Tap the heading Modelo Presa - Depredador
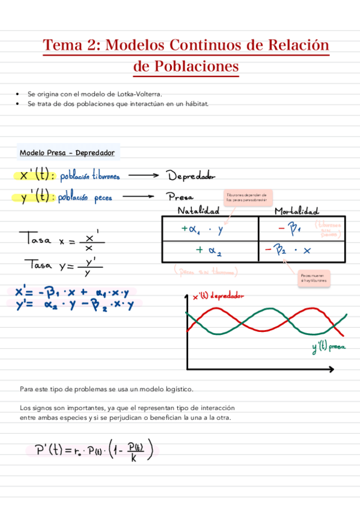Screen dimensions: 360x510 pyautogui.click(x=67, y=153)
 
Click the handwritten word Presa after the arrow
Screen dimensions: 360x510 pyautogui.click(x=180, y=197)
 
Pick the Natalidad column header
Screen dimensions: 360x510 pyautogui.click(x=198, y=210)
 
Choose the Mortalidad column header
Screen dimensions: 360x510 pyautogui.click(x=296, y=210)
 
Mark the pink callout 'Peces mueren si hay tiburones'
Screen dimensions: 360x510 pyautogui.click(x=316, y=277)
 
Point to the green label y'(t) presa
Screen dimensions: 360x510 pyautogui.click(x=329, y=347)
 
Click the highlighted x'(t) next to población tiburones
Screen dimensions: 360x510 pyautogui.click(x=37, y=176)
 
